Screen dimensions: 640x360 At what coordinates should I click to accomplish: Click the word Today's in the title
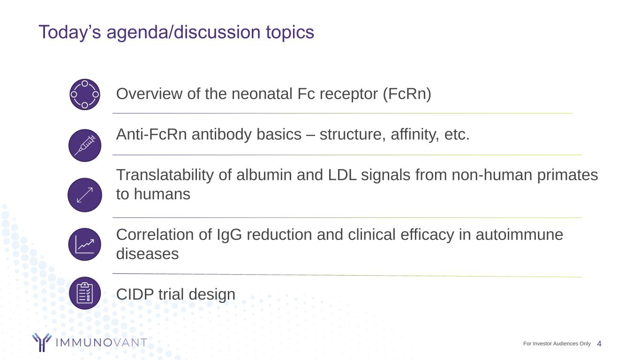tap(70, 32)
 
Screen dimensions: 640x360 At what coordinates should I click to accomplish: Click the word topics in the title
tap(290, 32)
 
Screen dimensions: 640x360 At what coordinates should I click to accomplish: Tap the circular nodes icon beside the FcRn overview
tap(85, 94)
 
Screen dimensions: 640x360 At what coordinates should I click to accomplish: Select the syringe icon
tap(85, 145)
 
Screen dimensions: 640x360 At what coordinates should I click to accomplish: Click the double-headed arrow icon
tap(85, 195)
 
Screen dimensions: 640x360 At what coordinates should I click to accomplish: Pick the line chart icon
tap(85, 244)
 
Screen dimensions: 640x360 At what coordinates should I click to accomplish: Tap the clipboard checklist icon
tap(85, 293)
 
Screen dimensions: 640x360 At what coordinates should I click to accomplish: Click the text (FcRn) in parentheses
tap(407, 94)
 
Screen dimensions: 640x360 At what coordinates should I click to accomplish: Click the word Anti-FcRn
tap(151, 134)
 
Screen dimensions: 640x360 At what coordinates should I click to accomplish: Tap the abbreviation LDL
tap(342, 175)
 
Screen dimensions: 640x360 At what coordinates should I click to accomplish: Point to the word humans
tap(162, 194)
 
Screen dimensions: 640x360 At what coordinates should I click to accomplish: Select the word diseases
tap(147, 254)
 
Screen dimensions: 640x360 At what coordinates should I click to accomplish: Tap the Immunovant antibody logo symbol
tap(42, 342)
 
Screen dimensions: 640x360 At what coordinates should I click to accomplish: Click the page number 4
tap(599, 344)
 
